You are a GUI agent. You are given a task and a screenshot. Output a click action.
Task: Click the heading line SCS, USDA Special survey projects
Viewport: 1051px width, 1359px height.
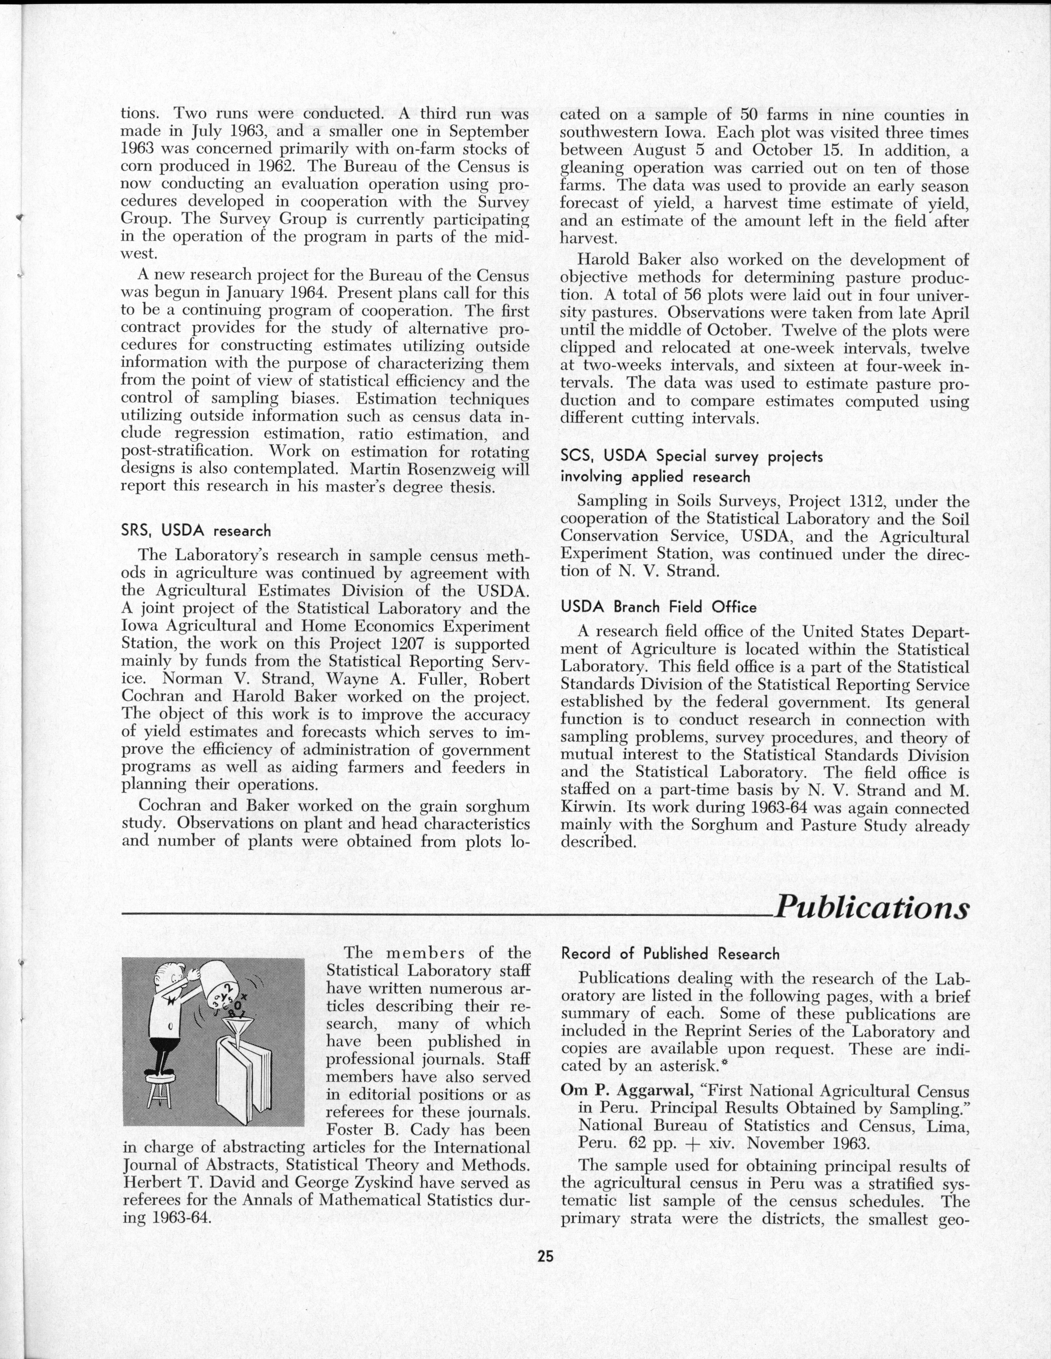[691, 456]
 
